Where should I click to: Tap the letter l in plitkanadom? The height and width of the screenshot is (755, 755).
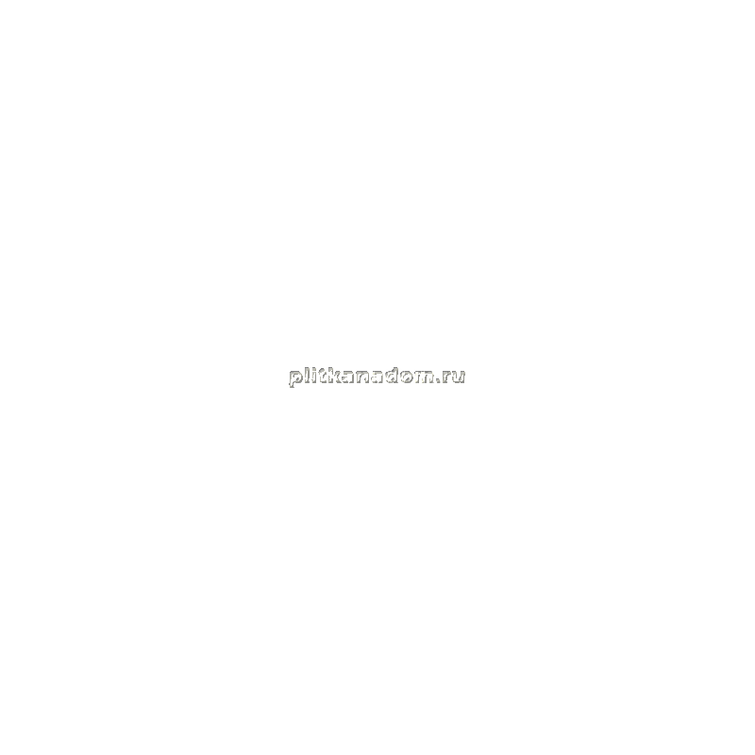(307, 375)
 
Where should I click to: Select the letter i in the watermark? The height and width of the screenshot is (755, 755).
(314, 375)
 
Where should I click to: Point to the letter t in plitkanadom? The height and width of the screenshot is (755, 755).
(322, 376)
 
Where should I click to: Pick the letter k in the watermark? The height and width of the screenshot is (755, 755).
(333, 375)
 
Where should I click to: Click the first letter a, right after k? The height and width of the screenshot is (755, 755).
(347, 377)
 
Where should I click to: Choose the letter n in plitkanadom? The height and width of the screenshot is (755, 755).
(362, 377)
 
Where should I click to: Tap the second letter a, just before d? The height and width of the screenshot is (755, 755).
(377, 377)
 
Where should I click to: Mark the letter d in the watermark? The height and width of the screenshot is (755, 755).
(392, 375)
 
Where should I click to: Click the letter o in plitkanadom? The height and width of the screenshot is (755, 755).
(407, 377)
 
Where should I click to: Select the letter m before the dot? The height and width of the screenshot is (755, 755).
(424, 377)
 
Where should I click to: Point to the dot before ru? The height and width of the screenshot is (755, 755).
(438, 381)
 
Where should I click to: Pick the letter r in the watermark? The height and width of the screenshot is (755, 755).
(445, 377)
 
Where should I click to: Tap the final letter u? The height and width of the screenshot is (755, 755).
(458, 377)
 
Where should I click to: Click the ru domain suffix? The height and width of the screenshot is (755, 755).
(453, 377)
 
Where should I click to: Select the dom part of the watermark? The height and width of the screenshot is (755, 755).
(410, 375)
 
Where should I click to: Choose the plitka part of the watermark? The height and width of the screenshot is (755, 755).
(321, 377)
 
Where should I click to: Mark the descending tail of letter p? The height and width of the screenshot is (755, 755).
(291, 385)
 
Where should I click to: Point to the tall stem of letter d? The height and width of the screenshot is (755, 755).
(395, 375)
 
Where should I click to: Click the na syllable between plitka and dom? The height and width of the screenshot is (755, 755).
(369, 377)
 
